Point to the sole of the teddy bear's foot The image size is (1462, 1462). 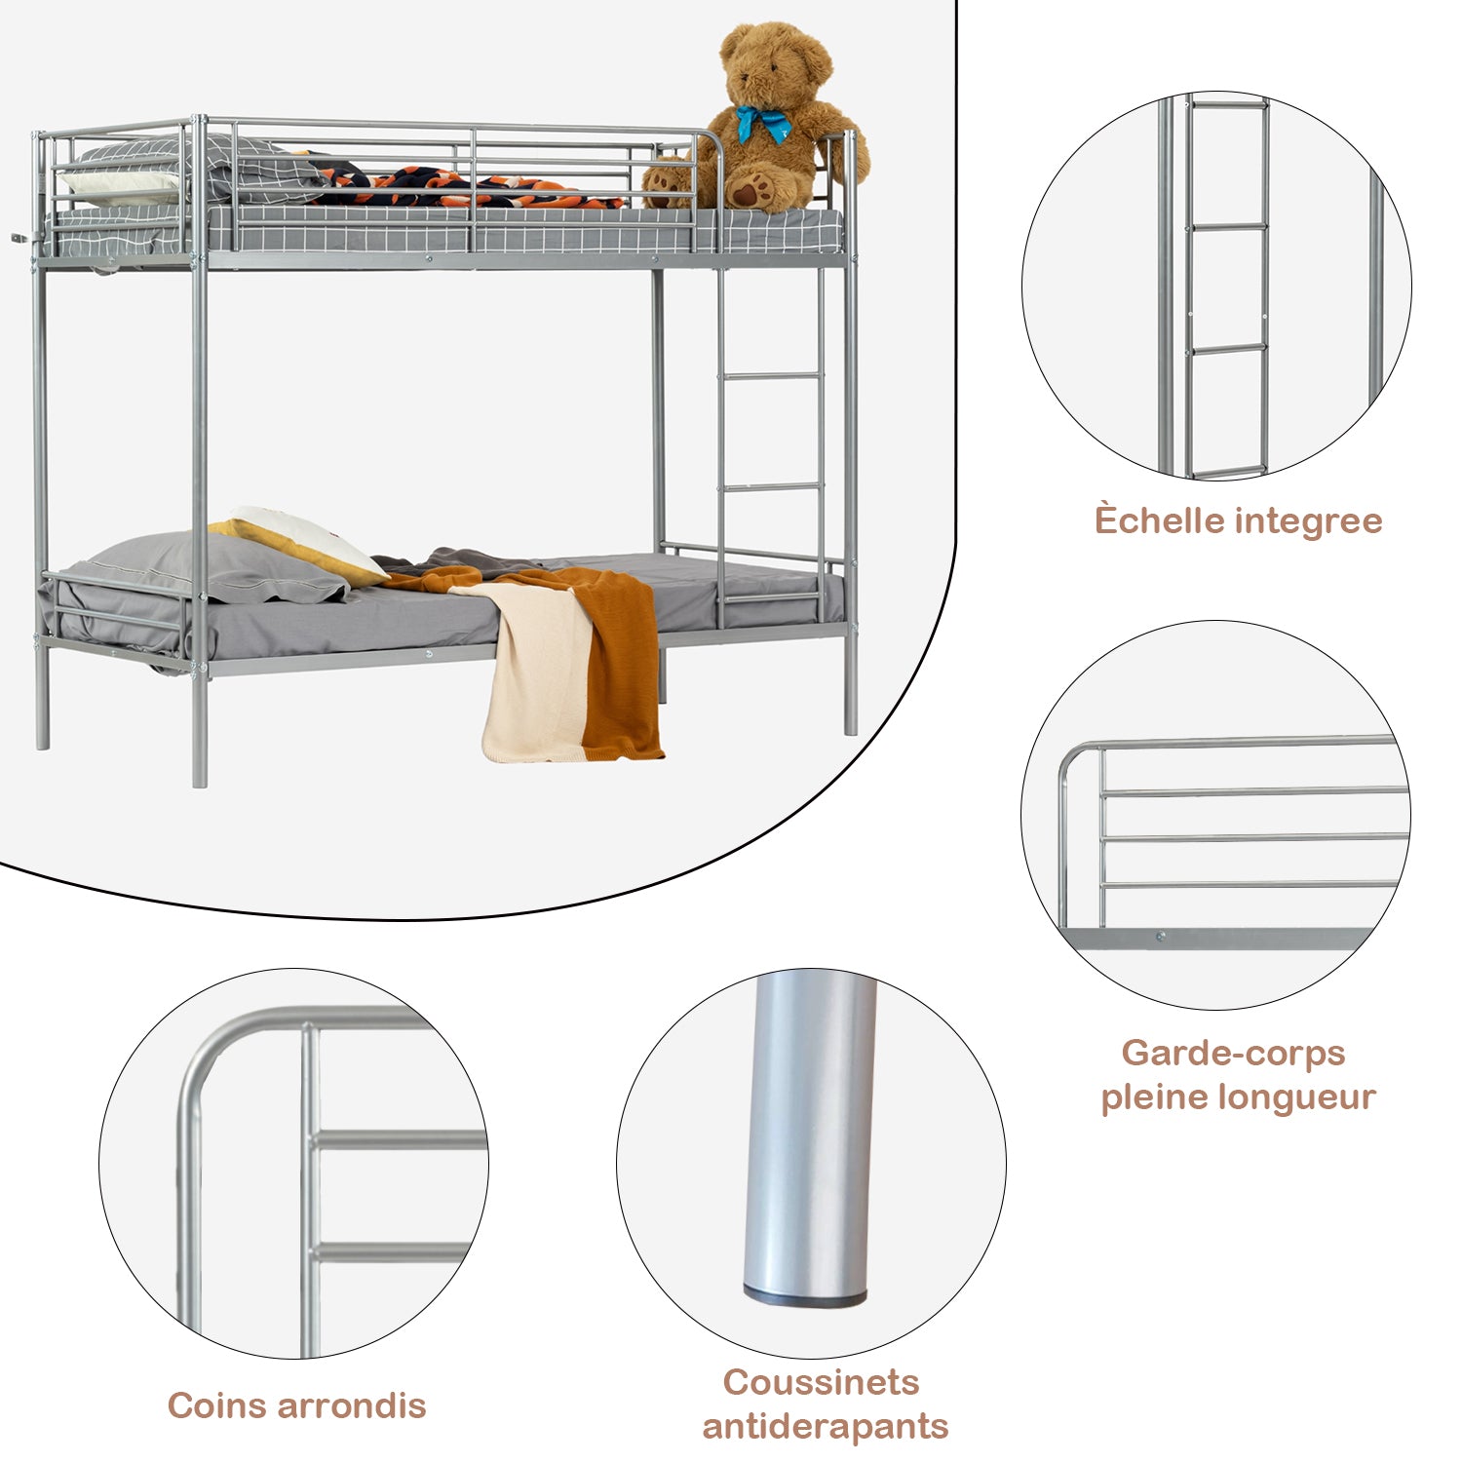pos(748,190)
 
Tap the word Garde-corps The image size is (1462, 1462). pos(1233,1053)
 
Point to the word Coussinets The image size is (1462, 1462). pos(821,1382)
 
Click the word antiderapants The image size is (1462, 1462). pos(825,1426)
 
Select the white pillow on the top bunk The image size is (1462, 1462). pos(117,184)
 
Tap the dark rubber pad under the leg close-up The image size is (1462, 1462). pos(804,1297)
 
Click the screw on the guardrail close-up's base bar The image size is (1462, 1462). pos(1160,938)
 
